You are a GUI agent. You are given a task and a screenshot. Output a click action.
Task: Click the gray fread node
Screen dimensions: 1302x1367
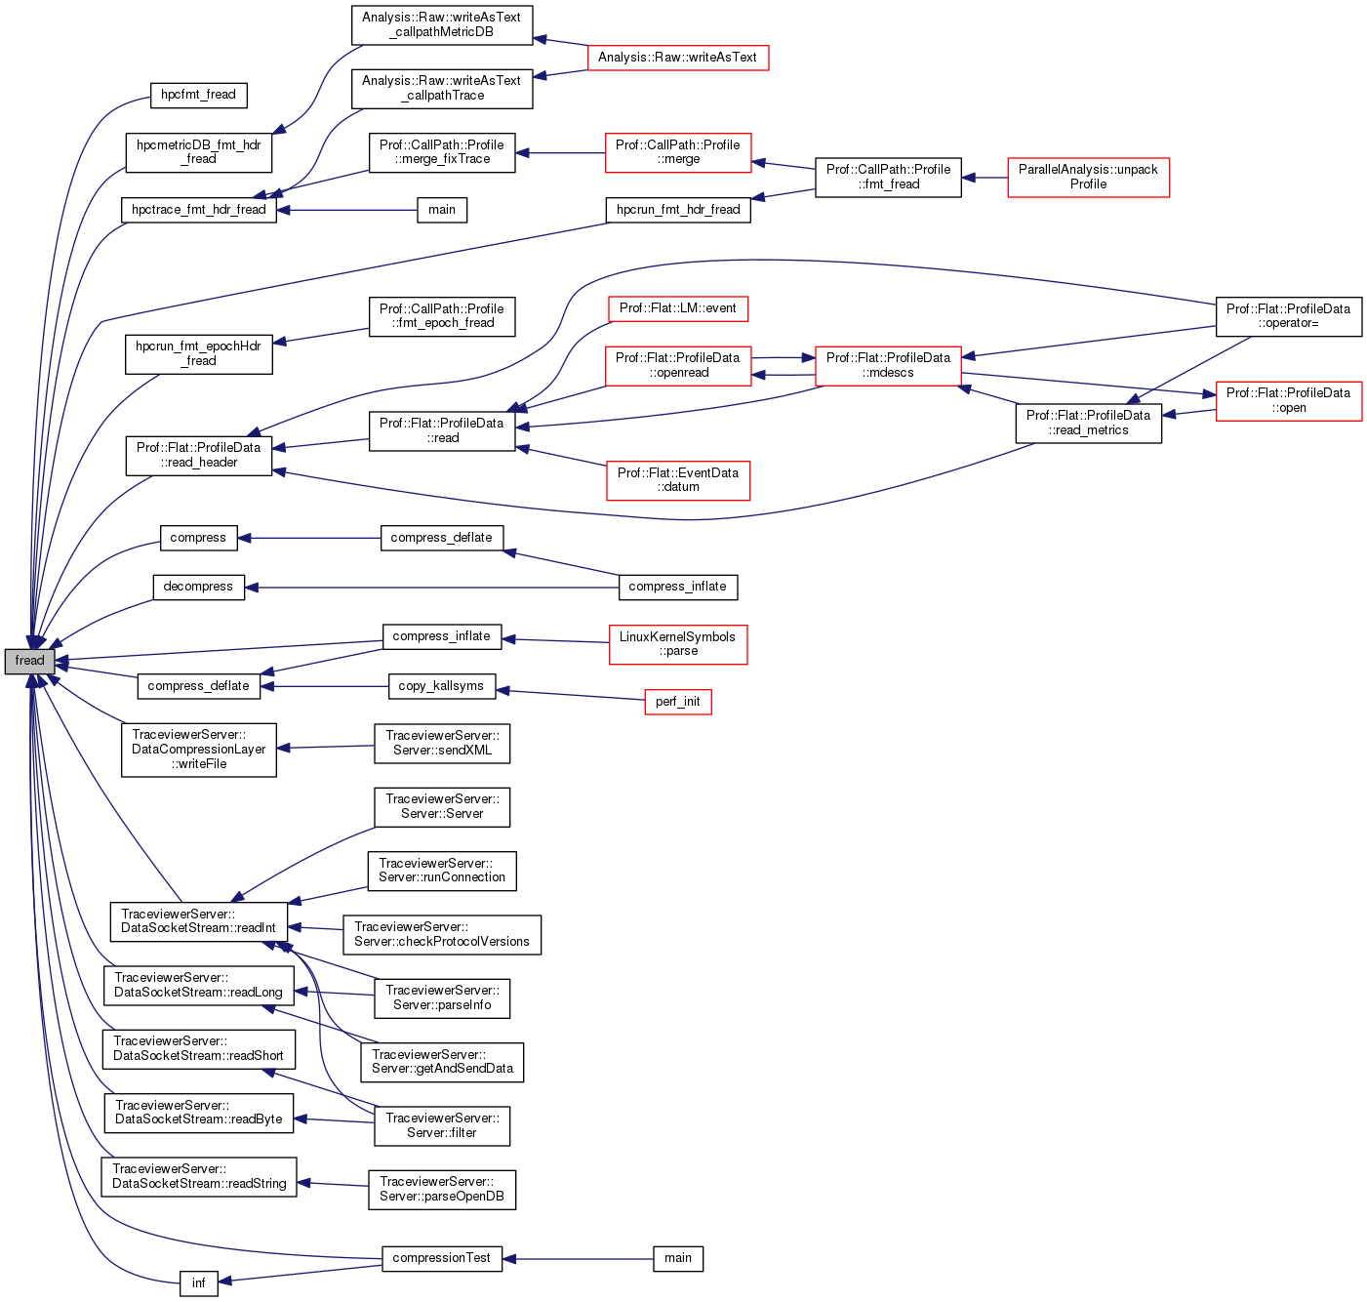coord(29,661)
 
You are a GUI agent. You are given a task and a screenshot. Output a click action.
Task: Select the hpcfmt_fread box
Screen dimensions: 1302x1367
coord(198,95)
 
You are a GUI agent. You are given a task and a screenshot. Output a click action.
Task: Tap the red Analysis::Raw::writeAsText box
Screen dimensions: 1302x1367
coord(677,58)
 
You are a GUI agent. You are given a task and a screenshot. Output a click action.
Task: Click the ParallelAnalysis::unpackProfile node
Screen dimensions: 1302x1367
coord(1088,177)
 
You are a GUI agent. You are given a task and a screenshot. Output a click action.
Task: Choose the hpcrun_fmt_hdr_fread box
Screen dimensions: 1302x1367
coord(678,210)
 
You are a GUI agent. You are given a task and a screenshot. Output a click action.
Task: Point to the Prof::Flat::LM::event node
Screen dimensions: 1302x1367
coord(678,308)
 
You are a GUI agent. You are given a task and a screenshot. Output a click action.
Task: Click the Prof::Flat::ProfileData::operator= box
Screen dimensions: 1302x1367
coord(1288,316)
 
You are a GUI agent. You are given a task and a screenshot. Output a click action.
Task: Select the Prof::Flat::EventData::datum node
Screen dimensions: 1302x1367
coord(678,480)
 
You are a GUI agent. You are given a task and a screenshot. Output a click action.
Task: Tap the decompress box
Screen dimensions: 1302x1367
coord(198,587)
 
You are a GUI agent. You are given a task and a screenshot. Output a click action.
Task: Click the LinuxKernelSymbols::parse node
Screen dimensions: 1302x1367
coord(678,644)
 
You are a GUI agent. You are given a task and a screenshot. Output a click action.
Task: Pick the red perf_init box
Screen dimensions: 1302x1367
coord(678,702)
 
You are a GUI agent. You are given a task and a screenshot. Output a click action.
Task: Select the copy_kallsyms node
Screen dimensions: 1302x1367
coord(441,686)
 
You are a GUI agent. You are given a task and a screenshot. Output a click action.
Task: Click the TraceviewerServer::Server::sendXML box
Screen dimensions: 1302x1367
coord(442,743)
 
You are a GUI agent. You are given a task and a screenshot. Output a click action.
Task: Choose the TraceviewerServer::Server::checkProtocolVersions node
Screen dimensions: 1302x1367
coord(442,934)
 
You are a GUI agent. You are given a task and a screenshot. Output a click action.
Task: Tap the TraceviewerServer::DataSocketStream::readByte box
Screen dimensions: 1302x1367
coord(198,1113)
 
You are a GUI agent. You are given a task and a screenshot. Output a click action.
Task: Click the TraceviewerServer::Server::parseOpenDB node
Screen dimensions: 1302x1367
coord(442,1189)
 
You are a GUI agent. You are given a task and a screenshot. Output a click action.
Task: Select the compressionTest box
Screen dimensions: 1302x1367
coord(441,1258)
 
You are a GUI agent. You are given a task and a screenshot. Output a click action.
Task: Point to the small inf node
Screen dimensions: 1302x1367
coord(198,1282)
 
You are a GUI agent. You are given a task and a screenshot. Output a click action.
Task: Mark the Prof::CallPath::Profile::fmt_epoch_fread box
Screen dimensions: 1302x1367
coord(442,316)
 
